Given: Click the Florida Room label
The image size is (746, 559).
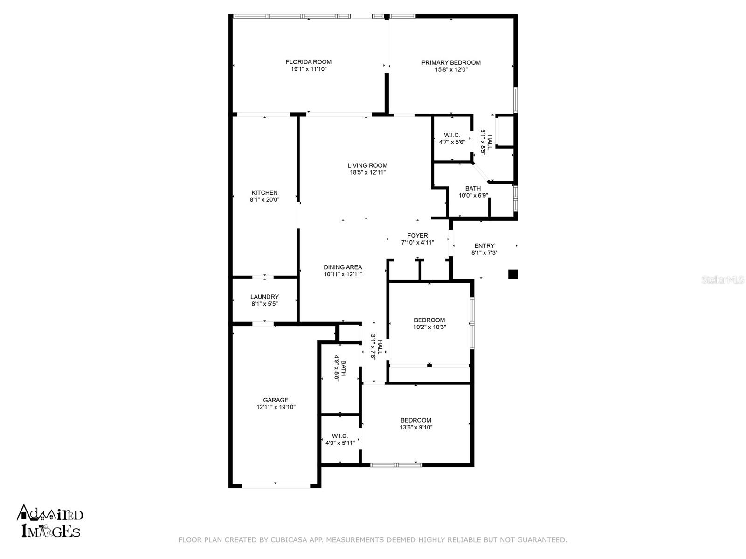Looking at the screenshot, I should pos(308,62).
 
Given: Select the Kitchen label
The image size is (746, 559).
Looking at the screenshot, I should pos(264,192).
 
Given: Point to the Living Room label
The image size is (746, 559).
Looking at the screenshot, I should pos(367,165).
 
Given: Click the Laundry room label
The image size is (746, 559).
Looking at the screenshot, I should pos(264,297).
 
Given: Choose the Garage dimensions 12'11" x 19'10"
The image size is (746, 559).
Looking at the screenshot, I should pos(276,407).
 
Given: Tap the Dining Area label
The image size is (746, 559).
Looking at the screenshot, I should pos(343,267).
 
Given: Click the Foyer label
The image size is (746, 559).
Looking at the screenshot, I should pos(417,236).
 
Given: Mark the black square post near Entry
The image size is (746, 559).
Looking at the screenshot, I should pos(512,274).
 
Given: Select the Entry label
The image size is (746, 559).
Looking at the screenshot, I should pos(484,246).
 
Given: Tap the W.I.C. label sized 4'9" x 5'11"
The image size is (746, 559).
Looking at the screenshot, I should pos(340,436).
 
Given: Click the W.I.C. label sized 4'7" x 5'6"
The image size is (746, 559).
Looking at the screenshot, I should pos(452,135).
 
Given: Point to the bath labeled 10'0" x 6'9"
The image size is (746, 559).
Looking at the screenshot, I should pos(473,189).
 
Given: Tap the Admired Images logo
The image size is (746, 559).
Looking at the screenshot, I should pos(50,521).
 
